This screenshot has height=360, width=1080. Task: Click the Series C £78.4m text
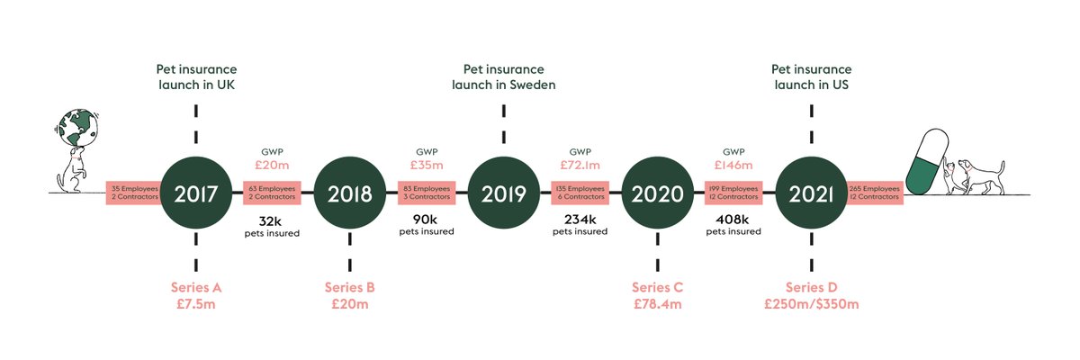657,296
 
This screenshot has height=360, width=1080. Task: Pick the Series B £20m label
349,296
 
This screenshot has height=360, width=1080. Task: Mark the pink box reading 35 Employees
134,192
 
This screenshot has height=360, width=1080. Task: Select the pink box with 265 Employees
874,192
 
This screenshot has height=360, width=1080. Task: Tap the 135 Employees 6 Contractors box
580,192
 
